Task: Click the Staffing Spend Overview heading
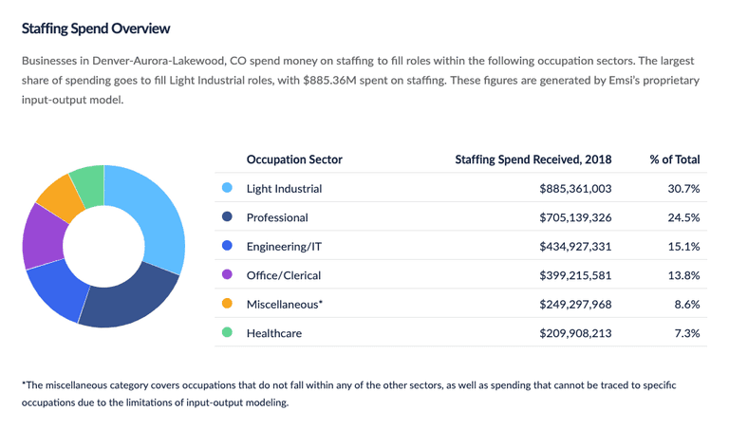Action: (x=96, y=28)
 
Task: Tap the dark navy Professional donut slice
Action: (x=131, y=302)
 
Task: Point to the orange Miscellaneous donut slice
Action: (x=55, y=193)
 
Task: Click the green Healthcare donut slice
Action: (x=88, y=178)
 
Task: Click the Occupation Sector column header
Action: (x=294, y=159)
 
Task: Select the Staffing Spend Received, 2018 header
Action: (x=533, y=159)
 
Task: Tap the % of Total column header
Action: (x=674, y=159)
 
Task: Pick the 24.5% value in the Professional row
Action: (x=683, y=217)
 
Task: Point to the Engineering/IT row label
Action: (x=284, y=247)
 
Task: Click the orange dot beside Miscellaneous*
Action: (x=227, y=304)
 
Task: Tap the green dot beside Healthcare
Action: (x=227, y=333)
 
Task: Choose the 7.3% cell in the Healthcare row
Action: (x=686, y=333)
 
